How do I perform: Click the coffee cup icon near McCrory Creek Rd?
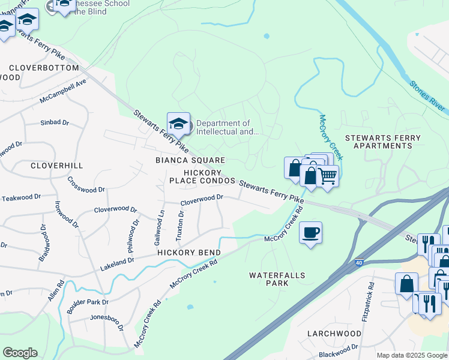[x=310, y=232]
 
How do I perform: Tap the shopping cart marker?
[x=327, y=176]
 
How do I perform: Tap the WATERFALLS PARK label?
[x=277, y=280]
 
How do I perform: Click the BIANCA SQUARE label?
[x=190, y=160]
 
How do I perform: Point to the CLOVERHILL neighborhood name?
[x=56, y=165]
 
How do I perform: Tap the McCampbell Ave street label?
[x=63, y=91]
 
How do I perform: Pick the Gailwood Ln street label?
[x=160, y=229]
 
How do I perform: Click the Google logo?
[x=20, y=353]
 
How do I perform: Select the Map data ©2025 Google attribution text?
[x=411, y=355]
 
